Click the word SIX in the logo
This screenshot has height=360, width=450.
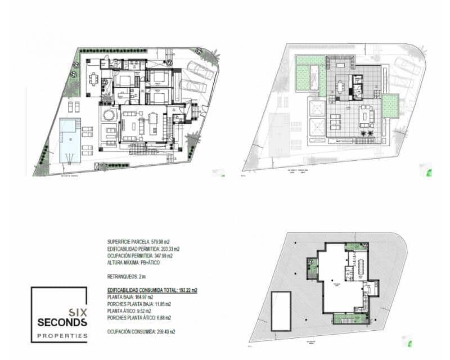(76, 312)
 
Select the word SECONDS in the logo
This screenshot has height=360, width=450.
(62, 323)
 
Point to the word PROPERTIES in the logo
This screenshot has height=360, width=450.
(62, 336)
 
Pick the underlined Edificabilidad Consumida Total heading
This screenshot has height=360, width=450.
(152, 290)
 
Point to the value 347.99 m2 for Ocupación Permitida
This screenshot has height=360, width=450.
(161, 256)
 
